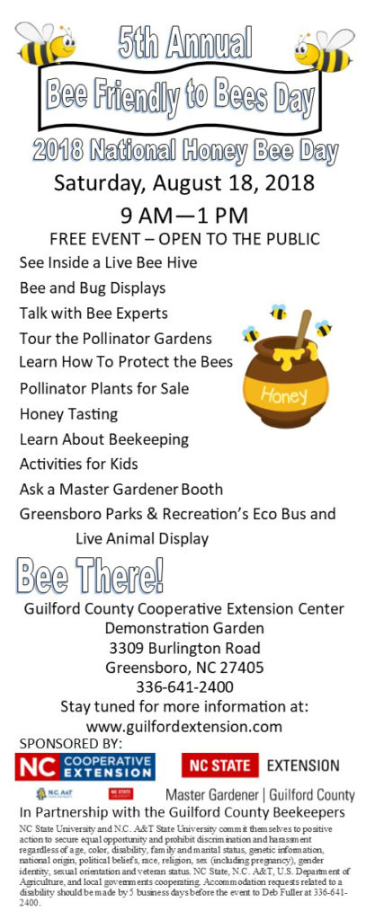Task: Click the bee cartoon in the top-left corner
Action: click(45, 43)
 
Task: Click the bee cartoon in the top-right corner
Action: click(325, 49)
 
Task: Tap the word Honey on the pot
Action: click(284, 396)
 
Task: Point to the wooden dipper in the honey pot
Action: click(304, 329)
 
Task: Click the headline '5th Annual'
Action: click(185, 43)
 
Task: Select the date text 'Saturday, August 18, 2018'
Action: click(184, 183)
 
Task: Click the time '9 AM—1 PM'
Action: click(184, 216)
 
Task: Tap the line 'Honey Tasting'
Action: click(68, 415)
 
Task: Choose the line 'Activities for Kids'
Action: click(78, 464)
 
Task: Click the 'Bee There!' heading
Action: click(90, 576)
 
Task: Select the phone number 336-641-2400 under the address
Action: click(185, 686)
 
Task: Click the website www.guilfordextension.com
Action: click(184, 727)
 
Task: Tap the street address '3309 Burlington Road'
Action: click(185, 648)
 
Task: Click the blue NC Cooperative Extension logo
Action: click(85, 766)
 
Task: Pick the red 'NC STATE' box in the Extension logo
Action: click(220, 765)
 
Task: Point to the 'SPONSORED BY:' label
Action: click(71, 744)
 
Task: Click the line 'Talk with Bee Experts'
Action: click(94, 314)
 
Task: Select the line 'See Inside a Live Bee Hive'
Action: click(108, 262)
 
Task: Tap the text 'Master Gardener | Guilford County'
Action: click(260, 795)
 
